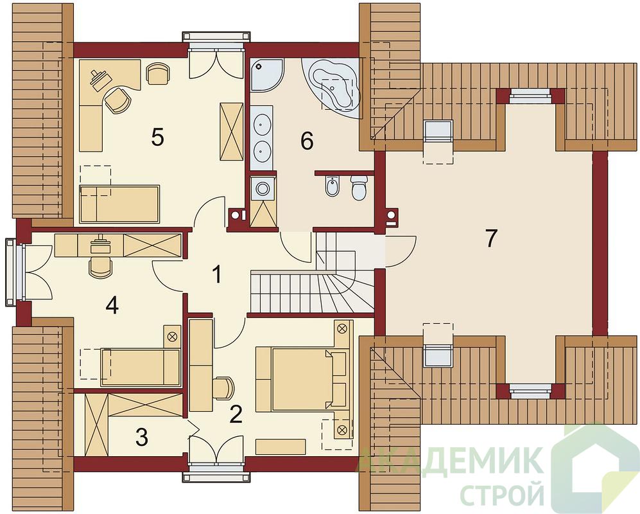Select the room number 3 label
click(x=142, y=437)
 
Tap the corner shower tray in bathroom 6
click(x=266, y=75)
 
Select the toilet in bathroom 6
click(x=359, y=188)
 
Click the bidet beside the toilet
click(x=333, y=188)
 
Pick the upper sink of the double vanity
click(x=261, y=123)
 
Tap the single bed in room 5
click(x=119, y=204)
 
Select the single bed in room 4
click(x=140, y=367)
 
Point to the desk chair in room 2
click(x=223, y=387)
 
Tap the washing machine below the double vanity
click(x=262, y=188)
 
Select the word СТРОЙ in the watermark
click(x=501, y=494)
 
